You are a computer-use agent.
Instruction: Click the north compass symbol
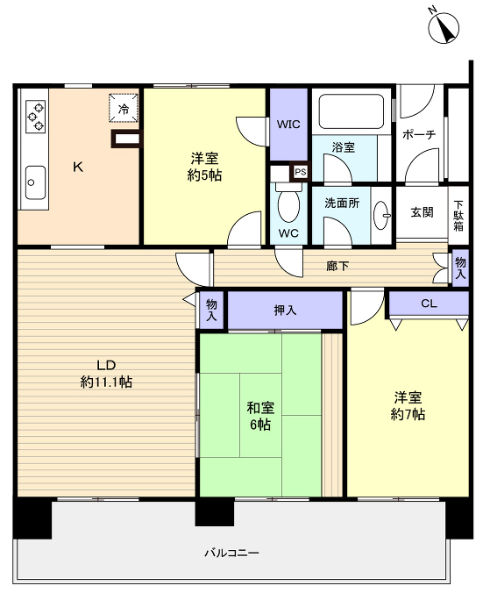(x=444, y=27)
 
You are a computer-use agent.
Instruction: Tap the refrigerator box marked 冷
(x=124, y=108)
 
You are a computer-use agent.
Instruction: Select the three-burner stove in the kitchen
(x=36, y=116)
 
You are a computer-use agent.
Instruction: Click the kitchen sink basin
(x=35, y=182)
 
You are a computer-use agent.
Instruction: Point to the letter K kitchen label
(x=78, y=167)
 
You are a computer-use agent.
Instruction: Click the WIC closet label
(x=288, y=125)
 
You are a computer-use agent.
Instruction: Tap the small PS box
(x=301, y=172)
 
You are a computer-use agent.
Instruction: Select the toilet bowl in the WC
(x=288, y=204)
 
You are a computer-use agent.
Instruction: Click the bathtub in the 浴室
(x=352, y=111)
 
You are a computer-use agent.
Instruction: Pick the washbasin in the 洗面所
(x=381, y=215)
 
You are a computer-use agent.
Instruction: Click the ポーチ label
(x=419, y=134)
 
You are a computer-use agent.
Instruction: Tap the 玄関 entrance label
(x=422, y=212)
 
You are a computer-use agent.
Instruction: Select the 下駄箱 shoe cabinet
(x=458, y=215)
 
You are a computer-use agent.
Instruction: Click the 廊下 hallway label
(x=337, y=266)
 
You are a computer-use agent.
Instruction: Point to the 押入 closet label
(x=285, y=311)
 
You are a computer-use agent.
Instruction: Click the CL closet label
(x=429, y=304)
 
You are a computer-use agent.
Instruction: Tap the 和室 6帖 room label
(x=260, y=416)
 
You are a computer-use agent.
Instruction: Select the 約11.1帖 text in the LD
(x=106, y=382)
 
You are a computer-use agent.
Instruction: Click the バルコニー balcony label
(x=231, y=553)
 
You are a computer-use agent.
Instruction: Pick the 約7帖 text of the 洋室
(x=408, y=415)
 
